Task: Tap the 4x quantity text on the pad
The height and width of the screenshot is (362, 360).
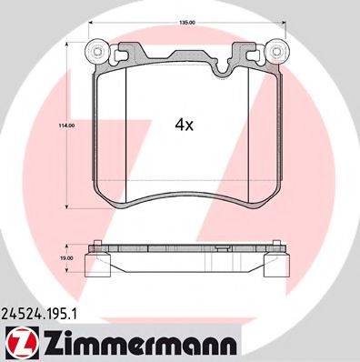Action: coord(185,126)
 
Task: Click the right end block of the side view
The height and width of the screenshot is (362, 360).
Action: coord(277,265)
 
